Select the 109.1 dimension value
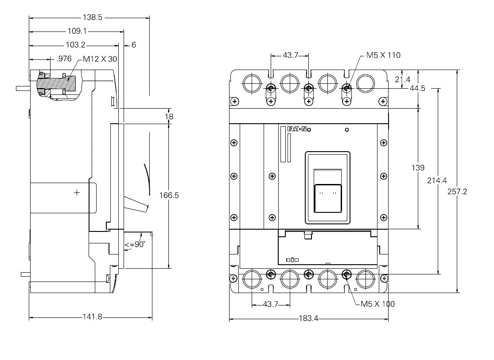(x=78, y=31)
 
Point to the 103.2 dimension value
(x=75, y=45)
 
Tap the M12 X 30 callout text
(x=100, y=59)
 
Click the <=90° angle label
(x=135, y=244)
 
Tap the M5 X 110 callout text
(x=383, y=55)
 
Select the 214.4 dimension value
(x=437, y=180)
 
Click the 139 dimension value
(x=418, y=168)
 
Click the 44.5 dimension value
(x=417, y=88)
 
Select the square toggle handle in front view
(x=328, y=198)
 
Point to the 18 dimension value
(x=169, y=117)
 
